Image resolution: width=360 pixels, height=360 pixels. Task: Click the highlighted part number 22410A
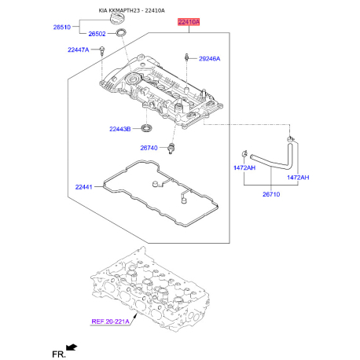[x=188, y=25]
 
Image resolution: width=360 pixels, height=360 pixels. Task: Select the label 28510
[x=61, y=27]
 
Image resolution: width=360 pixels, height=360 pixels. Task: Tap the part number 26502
[x=97, y=35]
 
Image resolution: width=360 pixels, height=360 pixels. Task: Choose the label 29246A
[x=209, y=59]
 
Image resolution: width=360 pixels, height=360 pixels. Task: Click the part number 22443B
[x=123, y=129]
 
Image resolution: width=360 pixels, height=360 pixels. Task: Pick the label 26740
[x=149, y=147]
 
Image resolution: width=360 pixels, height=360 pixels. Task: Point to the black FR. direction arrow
[x=73, y=347]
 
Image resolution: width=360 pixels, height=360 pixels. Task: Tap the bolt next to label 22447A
[x=102, y=51]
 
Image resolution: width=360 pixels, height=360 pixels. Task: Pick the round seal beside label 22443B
[x=147, y=127]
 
